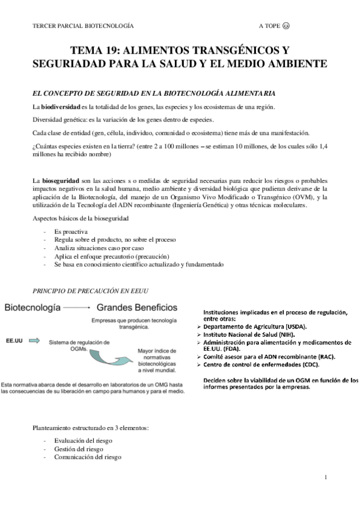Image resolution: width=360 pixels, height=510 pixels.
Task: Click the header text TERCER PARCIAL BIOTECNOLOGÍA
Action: [x=82, y=26]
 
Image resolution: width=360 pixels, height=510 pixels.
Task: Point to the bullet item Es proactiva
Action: [x=71, y=231]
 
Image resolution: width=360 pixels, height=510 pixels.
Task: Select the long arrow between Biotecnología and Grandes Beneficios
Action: [x=77, y=307]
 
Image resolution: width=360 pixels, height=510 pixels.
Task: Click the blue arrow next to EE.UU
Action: [x=34, y=340]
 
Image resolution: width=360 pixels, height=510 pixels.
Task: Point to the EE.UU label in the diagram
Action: [x=14, y=340]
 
